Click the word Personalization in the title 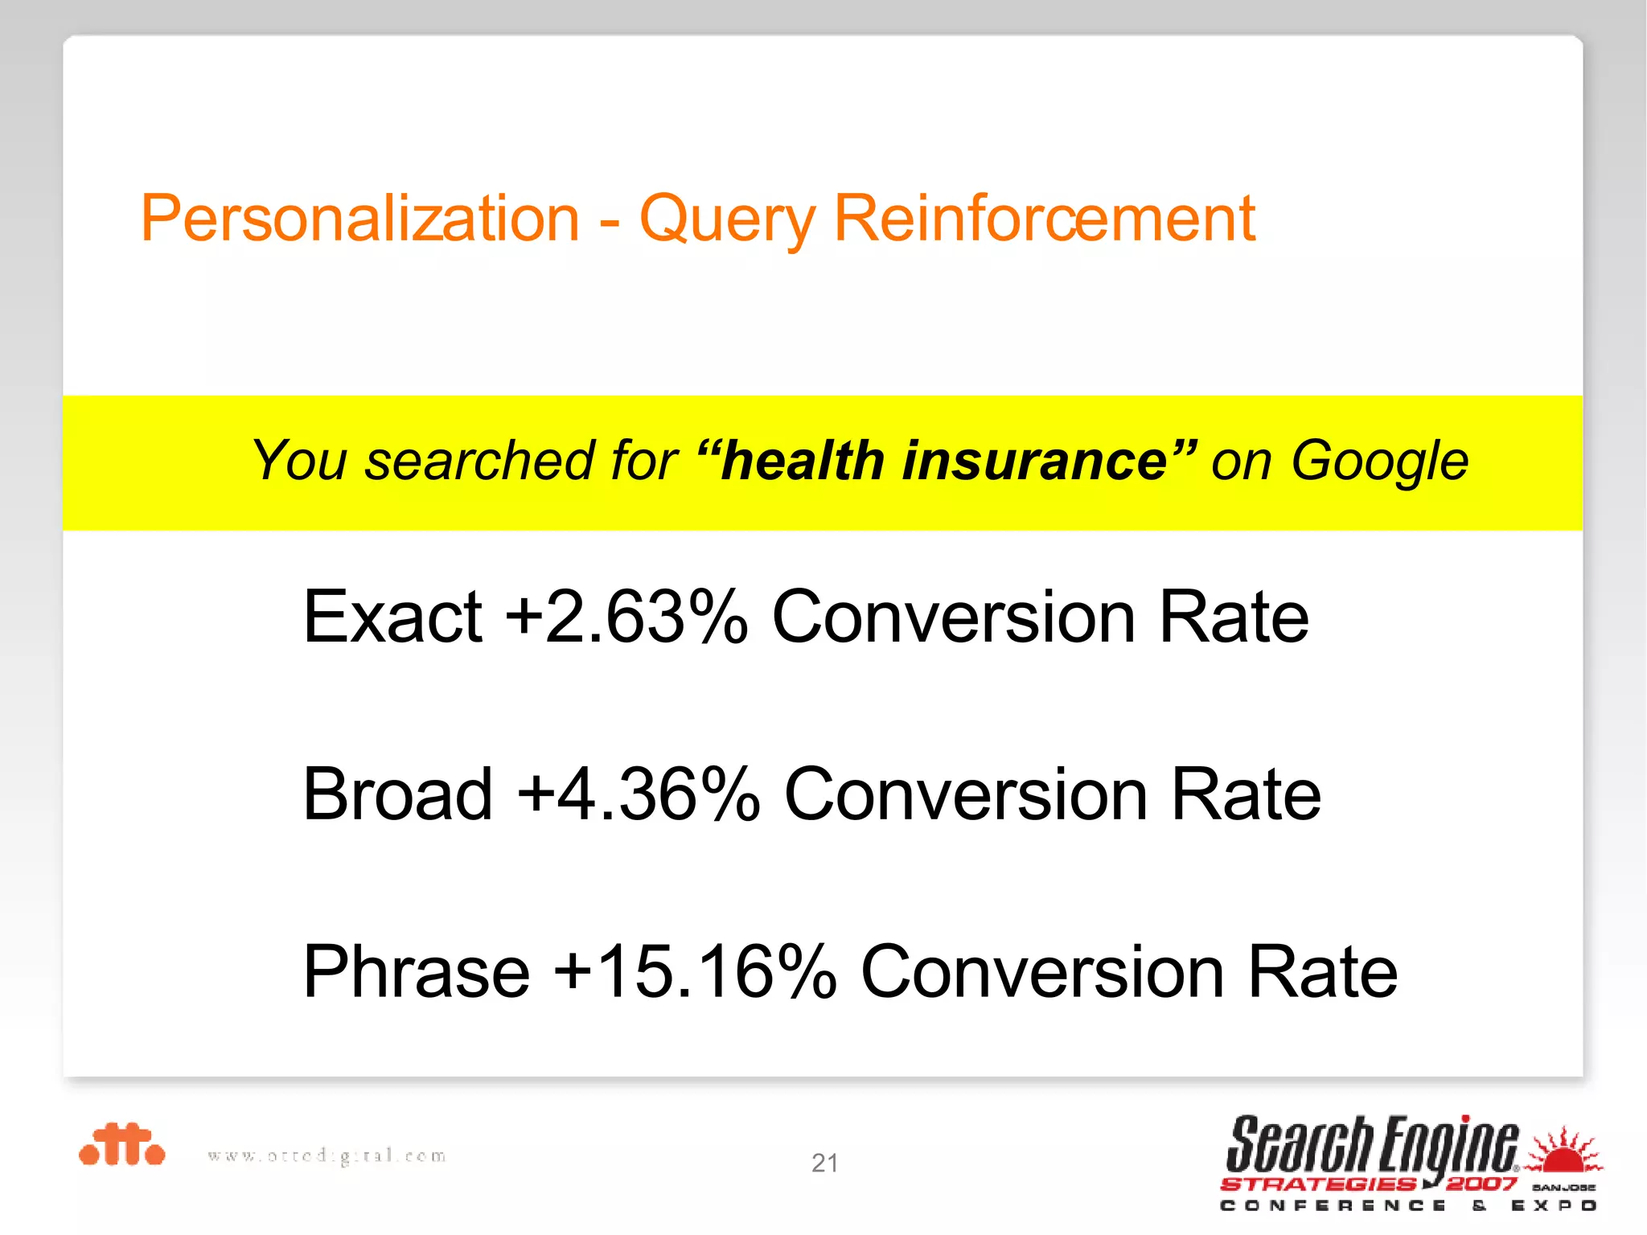click(359, 219)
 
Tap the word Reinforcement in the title click(1044, 219)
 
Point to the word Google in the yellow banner click(1379, 462)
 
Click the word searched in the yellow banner click(480, 461)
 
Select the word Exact click(392, 617)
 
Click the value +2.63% click(626, 617)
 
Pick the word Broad click(397, 794)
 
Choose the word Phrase click(416, 972)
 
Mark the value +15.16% click(695, 972)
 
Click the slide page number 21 click(825, 1163)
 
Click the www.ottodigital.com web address click(327, 1156)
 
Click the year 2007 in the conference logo click(1481, 1184)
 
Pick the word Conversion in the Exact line click(954, 617)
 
